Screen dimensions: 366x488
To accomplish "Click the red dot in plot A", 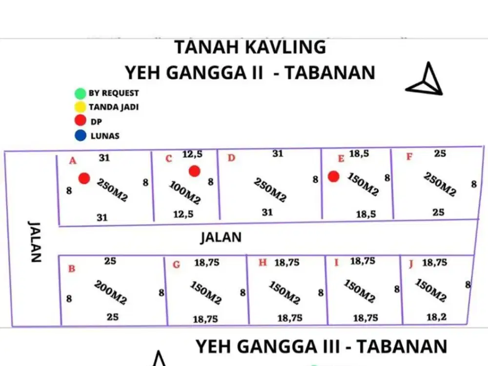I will pyautogui.click(x=84, y=178).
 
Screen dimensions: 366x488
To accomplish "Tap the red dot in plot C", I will pyautogui.click(x=194, y=171).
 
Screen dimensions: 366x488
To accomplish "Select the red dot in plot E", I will pyautogui.click(x=333, y=177).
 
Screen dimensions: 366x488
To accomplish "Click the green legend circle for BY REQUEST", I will pyautogui.click(x=80, y=93).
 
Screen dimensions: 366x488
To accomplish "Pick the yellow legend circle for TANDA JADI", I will pyautogui.click(x=80, y=107).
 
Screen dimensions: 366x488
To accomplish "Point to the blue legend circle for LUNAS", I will pyautogui.click(x=80, y=135).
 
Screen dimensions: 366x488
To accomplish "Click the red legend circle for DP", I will pyautogui.click(x=80, y=121).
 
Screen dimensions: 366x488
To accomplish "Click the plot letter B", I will pyautogui.click(x=71, y=268).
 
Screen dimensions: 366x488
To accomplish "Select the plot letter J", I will pyautogui.click(x=411, y=264).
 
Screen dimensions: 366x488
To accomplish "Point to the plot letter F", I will pyautogui.click(x=409, y=157).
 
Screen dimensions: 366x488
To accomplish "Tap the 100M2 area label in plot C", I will pyautogui.click(x=185, y=193).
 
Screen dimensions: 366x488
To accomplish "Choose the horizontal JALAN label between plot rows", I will pyautogui.click(x=221, y=238).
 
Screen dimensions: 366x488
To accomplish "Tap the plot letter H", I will pyautogui.click(x=263, y=263).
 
